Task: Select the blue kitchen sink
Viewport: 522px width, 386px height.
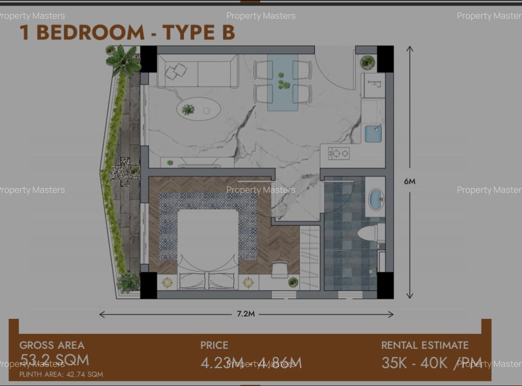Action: tap(373, 134)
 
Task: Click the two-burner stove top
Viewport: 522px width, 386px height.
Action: tap(338, 153)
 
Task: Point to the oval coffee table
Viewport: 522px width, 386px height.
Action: tap(198, 109)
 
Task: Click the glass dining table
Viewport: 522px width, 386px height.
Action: tap(283, 82)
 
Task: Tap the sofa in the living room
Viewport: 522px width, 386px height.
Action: tap(197, 71)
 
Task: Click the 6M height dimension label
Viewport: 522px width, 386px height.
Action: tap(409, 181)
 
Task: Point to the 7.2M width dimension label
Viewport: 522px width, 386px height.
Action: tap(246, 314)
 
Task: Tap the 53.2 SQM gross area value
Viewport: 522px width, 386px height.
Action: tap(54, 360)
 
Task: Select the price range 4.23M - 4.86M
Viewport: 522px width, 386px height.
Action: tap(251, 363)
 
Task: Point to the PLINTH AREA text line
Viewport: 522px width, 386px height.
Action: tap(61, 374)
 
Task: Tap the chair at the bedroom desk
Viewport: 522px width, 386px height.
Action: tap(280, 269)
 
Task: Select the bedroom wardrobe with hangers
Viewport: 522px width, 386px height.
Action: tap(310, 257)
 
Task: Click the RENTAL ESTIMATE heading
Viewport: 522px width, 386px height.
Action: tap(425, 346)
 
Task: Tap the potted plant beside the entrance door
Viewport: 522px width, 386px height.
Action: tap(368, 62)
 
